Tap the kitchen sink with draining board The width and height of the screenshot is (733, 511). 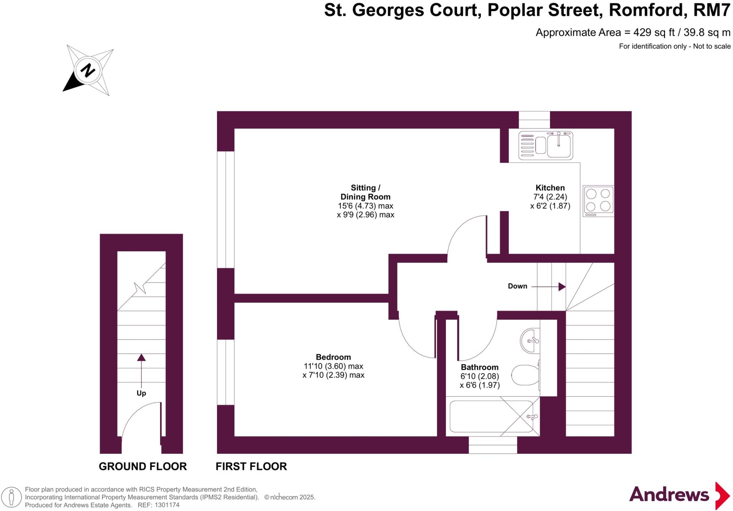[545, 145]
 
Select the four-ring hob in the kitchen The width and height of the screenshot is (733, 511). [598, 201]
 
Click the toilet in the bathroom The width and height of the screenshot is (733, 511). [525, 375]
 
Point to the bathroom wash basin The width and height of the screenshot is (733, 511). [530, 341]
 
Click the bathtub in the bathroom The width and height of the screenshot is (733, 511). [492, 416]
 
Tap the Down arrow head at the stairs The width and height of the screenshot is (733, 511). [562, 286]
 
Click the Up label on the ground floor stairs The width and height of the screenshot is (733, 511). [141, 393]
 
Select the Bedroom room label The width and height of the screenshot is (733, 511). [333, 357]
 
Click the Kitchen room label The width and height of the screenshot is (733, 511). [550, 188]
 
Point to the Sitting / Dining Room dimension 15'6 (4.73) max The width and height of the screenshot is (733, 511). [365, 206]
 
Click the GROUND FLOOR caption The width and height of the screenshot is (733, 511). [142, 466]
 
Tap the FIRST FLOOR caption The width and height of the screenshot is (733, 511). [251, 466]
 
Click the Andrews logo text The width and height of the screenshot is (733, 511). [669, 495]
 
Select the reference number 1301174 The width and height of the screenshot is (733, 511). [167, 505]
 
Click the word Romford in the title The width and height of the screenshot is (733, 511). [647, 10]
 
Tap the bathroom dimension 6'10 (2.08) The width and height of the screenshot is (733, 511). [480, 376]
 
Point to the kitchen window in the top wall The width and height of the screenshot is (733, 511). [534, 120]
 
